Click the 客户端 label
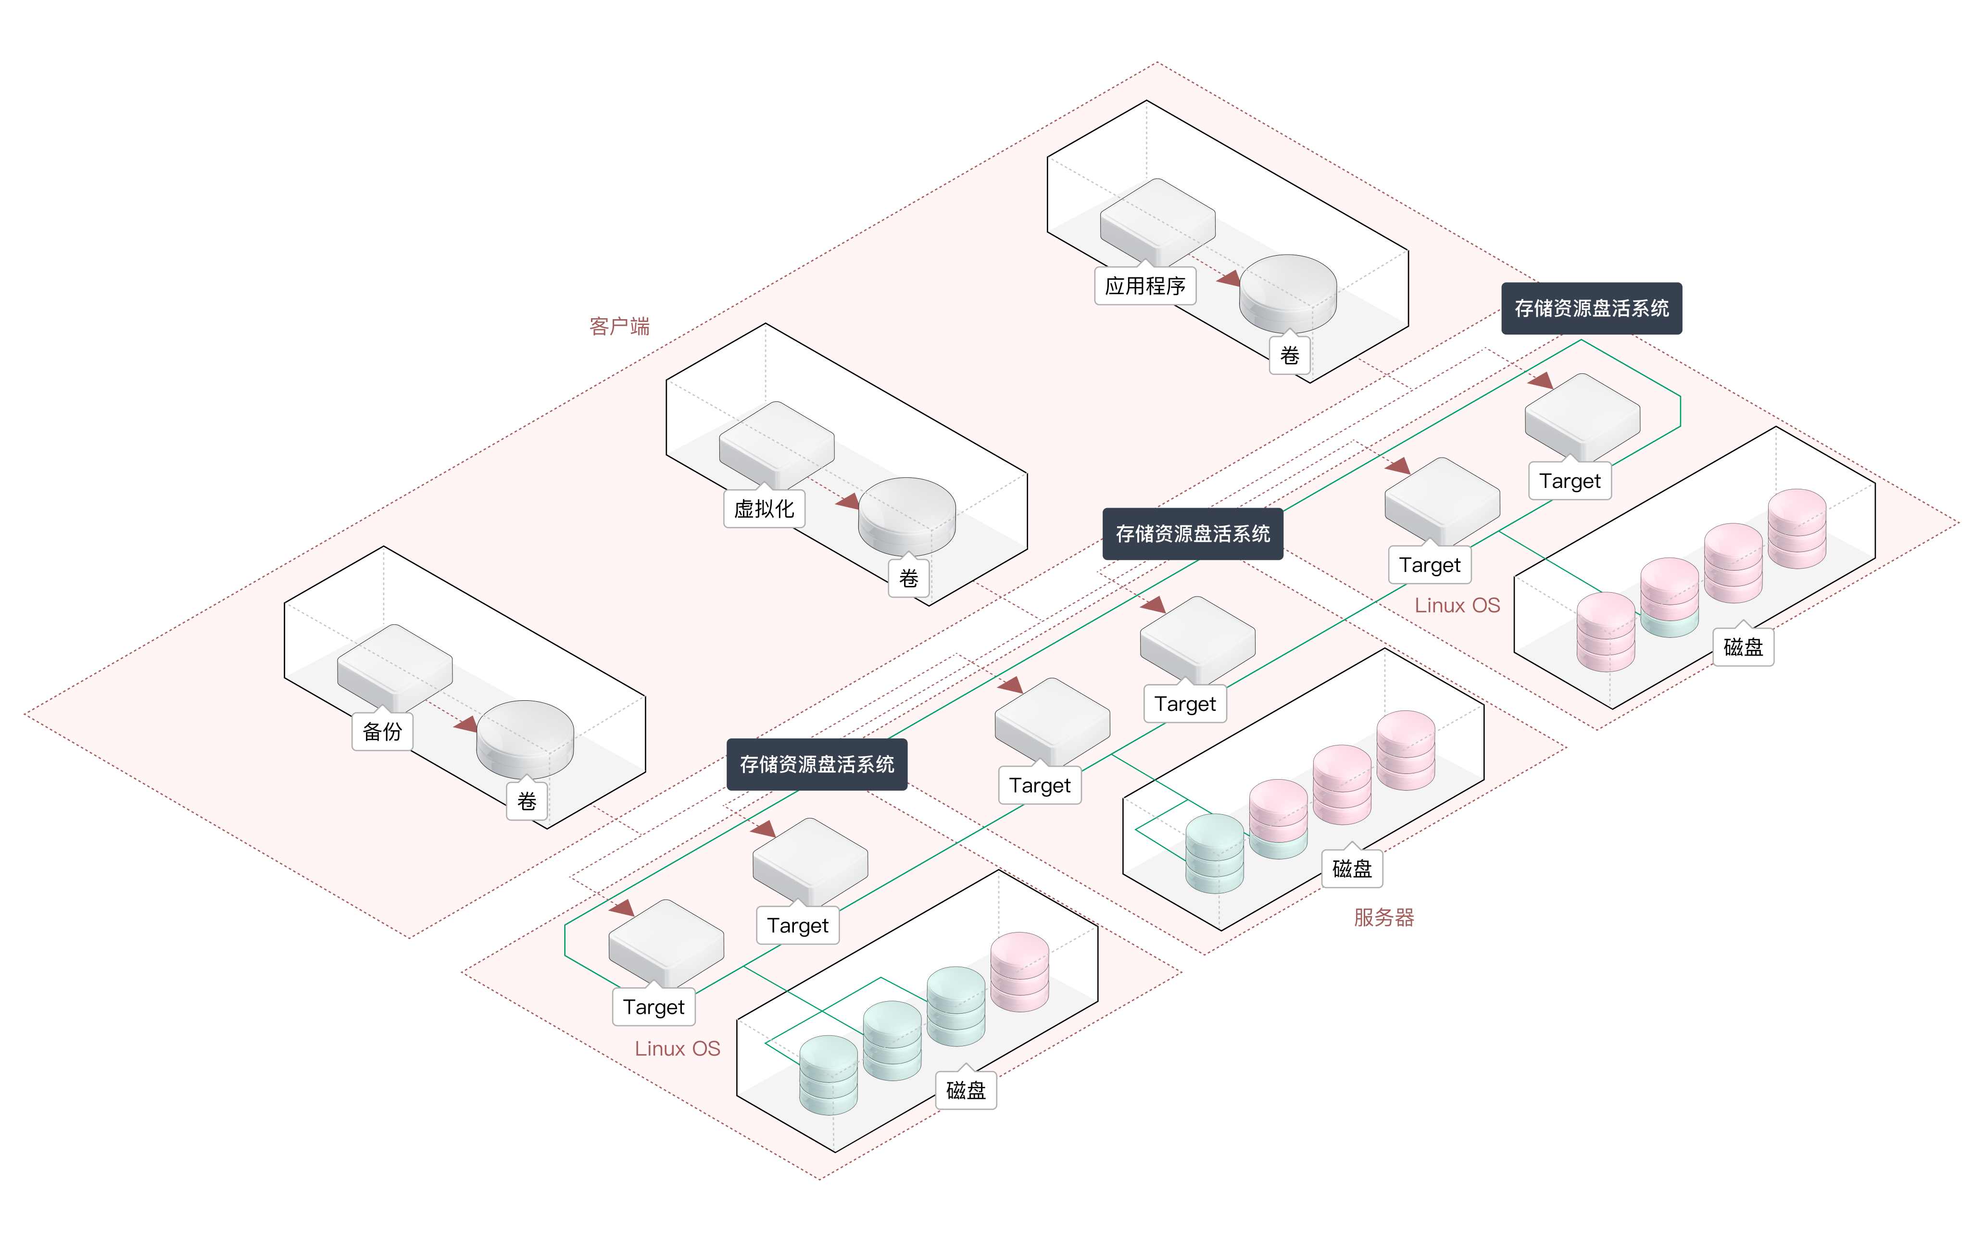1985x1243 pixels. pos(619,326)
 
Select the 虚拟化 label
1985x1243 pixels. pos(764,509)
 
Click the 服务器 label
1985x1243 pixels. pos(1384,918)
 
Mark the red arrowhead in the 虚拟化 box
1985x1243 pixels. pos(849,501)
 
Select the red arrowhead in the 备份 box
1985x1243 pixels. pos(467,723)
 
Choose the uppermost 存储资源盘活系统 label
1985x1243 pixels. pos(1591,308)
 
